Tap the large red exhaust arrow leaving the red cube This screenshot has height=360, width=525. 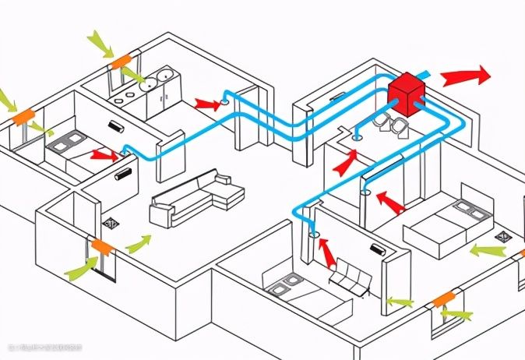click(x=466, y=76)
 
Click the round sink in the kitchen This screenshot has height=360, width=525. click(x=164, y=76)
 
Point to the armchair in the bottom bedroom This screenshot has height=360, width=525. click(x=348, y=278)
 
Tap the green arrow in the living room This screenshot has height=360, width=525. click(x=138, y=244)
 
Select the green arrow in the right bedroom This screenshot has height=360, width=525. click(x=487, y=251)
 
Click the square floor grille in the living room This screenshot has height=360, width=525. click(x=111, y=224)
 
